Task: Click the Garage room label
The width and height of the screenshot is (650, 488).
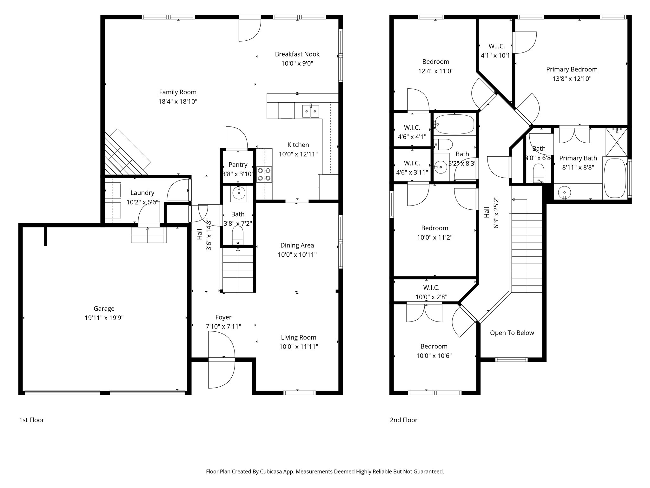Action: (x=104, y=308)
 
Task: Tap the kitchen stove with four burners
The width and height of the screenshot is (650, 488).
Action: (x=264, y=174)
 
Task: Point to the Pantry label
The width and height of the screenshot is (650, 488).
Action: (x=238, y=165)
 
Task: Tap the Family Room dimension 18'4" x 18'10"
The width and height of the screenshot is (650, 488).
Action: (x=178, y=102)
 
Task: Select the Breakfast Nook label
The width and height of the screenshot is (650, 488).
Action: (x=297, y=54)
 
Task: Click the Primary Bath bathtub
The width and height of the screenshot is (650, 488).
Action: (x=615, y=178)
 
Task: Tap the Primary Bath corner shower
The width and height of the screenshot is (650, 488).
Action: (x=616, y=142)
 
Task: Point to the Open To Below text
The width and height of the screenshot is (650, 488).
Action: (x=512, y=333)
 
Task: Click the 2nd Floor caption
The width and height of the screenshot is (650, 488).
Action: (x=403, y=420)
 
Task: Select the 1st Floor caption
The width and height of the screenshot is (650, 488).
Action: (x=31, y=420)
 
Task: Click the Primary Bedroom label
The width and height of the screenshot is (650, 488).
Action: (x=572, y=69)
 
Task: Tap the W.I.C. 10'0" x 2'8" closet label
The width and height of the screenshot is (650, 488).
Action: (x=431, y=288)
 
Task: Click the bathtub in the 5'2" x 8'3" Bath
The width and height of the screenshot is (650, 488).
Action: (x=454, y=125)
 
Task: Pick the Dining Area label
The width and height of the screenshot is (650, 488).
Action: (x=297, y=245)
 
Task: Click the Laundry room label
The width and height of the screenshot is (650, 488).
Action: (x=142, y=193)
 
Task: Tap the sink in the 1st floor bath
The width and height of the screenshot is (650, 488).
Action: (x=238, y=193)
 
